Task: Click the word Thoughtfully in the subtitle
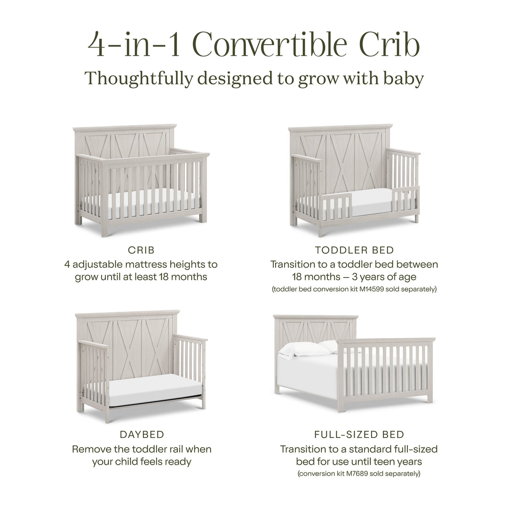pyautogui.click(x=139, y=79)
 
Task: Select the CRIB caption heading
pyautogui.click(x=141, y=250)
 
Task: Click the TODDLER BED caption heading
pyautogui.click(x=354, y=250)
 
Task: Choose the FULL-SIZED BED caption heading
pyautogui.click(x=359, y=435)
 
